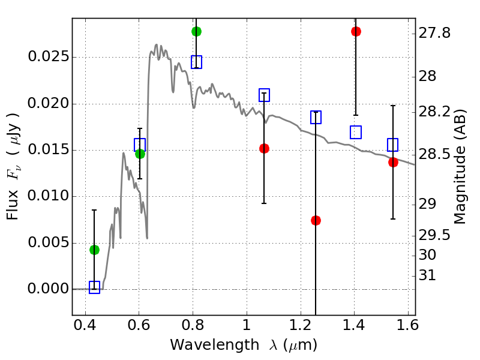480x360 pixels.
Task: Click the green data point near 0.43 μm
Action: click(94, 250)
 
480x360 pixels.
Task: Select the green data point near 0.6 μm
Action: click(140, 154)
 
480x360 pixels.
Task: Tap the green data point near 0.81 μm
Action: click(196, 31)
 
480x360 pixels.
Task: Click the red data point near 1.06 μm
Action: click(264, 148)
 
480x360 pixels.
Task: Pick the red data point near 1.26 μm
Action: click(316, 220)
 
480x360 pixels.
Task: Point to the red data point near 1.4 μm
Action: click(356, 31)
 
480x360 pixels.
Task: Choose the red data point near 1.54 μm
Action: click(393, 162)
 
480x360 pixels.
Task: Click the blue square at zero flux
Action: click(94, 287)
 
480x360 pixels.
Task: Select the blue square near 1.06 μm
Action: click(264, 95)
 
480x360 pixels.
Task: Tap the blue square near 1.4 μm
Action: click(356, 132)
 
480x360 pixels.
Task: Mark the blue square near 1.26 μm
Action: click(316, 117)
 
